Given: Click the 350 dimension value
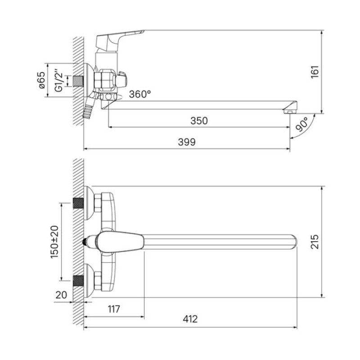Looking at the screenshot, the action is [199, 121].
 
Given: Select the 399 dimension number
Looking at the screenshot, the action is [187, 142].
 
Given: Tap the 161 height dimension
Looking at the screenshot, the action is [315, 72].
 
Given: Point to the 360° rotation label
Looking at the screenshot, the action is [140, 94].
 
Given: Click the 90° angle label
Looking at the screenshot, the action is [301, 124].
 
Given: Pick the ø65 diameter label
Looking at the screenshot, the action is [42, 80].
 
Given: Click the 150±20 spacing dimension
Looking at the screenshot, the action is [54, 242].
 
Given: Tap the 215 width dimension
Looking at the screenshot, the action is [315, 242].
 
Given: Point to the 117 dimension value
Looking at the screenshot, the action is [114, 309].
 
